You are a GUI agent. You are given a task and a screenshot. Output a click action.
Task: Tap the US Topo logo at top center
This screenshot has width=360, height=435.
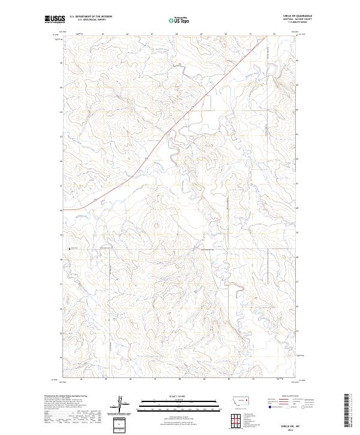click(x=179, y=20)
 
